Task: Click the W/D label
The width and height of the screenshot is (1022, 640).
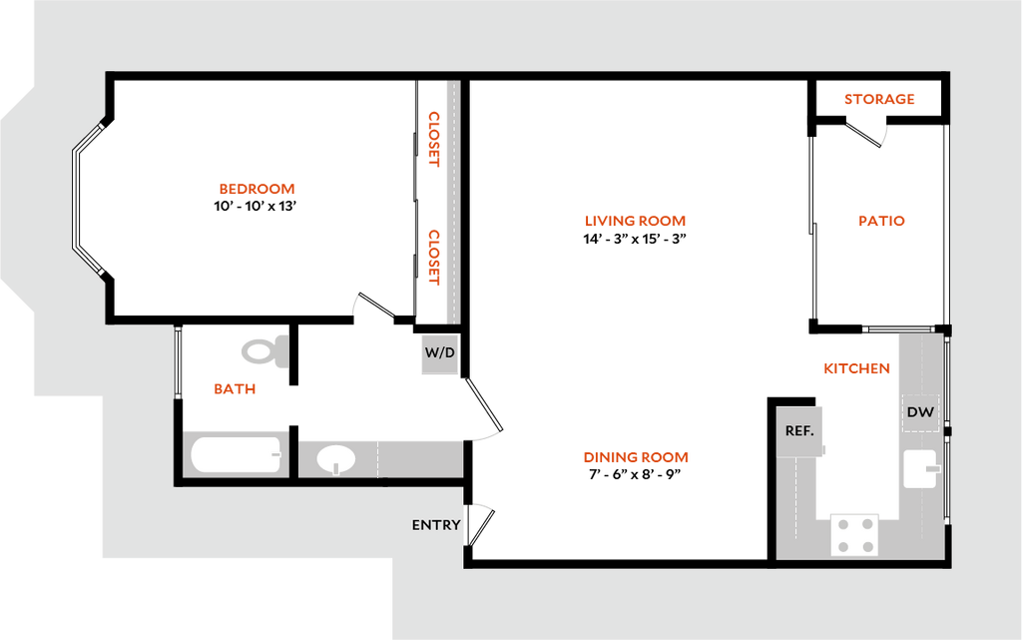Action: pos(439,353)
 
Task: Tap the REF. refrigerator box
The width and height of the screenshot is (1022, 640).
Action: pos(799,431)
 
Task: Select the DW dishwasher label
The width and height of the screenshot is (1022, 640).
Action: pos(920,412)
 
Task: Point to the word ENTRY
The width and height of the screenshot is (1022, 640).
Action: pos(436,525)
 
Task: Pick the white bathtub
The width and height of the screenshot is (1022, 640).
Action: pos(236,455)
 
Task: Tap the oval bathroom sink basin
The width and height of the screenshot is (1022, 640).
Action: pos(336,459)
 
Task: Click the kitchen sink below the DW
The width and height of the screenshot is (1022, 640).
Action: pos(920,468)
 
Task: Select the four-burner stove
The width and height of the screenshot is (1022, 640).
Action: pos(854,534)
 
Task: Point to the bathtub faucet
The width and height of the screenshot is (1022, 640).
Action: pos(275,455)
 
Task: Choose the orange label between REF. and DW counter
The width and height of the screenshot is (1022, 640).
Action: pos(855,368)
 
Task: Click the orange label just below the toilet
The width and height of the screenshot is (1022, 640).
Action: pos(236,389)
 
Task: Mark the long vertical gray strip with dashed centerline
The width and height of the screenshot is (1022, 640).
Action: pos(452,202)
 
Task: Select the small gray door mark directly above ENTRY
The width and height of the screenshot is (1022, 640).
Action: pos(483,506)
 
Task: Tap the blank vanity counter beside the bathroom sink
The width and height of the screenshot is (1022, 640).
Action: pos(420,459)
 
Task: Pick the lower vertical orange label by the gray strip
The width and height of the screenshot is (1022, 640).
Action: pos(434,258)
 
